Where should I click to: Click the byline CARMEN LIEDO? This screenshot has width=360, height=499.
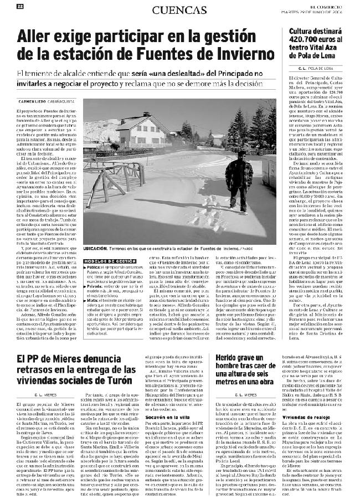pyautogui.click(x=33, y=101)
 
